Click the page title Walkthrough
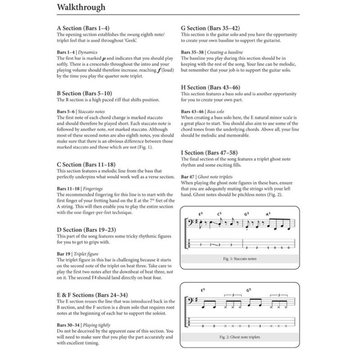pyautogui.click(x=81, y=7)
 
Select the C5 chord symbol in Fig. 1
pyautogui.click(x=220, y=213)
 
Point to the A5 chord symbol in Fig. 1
pyautogui.click(x=269, y=213)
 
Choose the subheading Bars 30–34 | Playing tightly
pyautogui.click(x=84, y=324)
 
